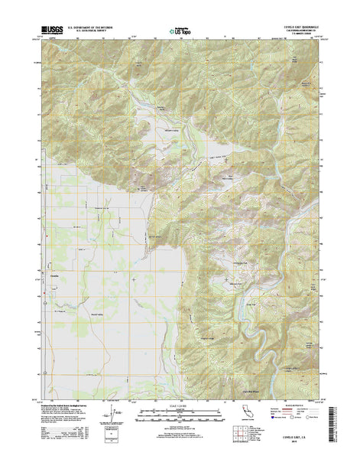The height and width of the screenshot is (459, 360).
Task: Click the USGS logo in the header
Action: point(47,28)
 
